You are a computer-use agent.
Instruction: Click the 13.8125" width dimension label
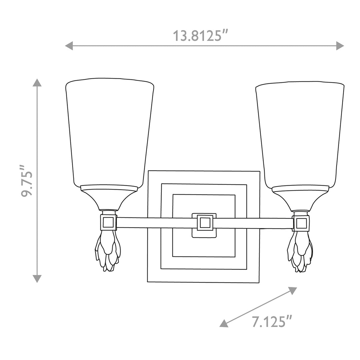pyautogui.click(x=200, y=36)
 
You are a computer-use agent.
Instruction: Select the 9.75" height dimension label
pyautogui.click(x=27, y=181)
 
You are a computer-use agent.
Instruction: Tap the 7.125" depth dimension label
pyautogui.click(x=272, y=321)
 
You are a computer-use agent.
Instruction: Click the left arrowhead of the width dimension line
pyautogui.click(x=69, y=46)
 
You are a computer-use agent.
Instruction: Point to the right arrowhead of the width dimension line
pyautogui.click(x=340, y=46)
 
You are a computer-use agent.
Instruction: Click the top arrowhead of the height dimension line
pyautogui.click(x=37, y=82)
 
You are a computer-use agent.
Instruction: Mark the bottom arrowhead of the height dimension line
pyautogui.click(x=37, y=279)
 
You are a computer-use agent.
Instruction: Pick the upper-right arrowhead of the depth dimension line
pyautogui.click(x=293, y=290)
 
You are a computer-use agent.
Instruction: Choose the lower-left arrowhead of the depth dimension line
pyautogui.click(x=224, y=323)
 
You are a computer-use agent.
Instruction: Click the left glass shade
pyautogui.click(x=110, y=133)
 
